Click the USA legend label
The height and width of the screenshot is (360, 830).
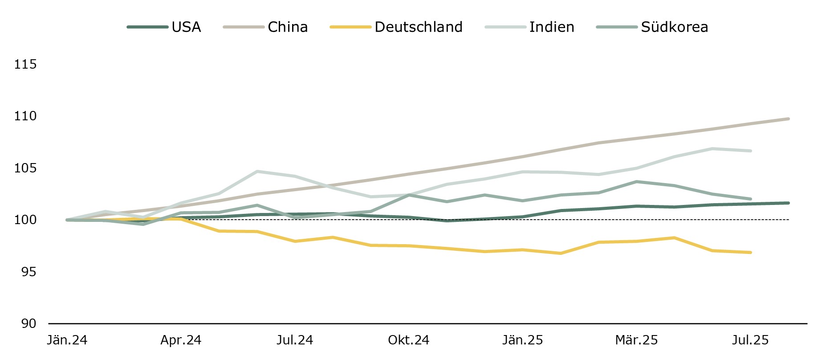coord(186,27)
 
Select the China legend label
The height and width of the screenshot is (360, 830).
coord(288,27)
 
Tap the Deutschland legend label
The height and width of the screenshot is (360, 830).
coord(419,27)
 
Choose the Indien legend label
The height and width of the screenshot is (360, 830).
coord(552,27)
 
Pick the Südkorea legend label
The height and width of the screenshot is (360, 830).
coord(674,27)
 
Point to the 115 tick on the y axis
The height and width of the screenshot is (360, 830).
coord(25,65)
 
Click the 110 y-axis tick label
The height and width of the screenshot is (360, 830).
coord(25,116)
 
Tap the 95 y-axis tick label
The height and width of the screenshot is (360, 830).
coord(28,272)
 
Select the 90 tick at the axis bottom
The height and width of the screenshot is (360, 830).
coord(28,323)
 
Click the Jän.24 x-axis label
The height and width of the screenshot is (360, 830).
coord(67,340)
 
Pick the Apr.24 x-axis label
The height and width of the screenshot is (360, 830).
coord(181,340)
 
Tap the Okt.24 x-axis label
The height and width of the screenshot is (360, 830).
coord(408,340)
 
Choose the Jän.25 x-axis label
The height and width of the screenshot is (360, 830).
coord(522,340)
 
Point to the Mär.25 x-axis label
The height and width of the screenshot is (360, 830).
coord(636,340)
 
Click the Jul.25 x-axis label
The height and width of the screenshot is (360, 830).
coord(750,340)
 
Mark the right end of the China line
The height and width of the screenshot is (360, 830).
coord(788,119)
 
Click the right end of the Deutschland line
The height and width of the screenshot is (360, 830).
coord(750,253)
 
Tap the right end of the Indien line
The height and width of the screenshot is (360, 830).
coord(750,151)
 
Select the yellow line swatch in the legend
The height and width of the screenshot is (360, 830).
coord(350,27)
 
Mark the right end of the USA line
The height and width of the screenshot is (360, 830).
coord(788,203)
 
